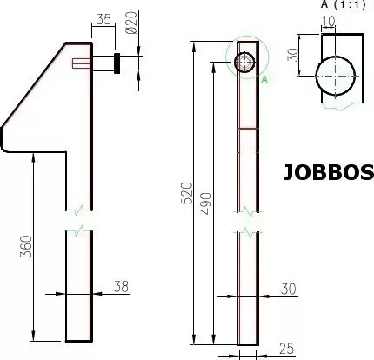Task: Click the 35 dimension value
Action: [x=104, y=19]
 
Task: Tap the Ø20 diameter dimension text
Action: [x=131, y=23]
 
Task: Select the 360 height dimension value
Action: [x=26, y=247]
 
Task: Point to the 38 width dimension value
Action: [x=121, y=286]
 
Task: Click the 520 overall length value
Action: [x=186, y=193]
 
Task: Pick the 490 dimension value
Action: [x=206, y=203]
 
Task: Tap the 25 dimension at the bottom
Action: [x=287, y=349]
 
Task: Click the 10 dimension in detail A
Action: [x=329, y=21]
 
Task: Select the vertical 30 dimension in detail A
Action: [x=292, y=55]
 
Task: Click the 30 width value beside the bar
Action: [x=289, y=289]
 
